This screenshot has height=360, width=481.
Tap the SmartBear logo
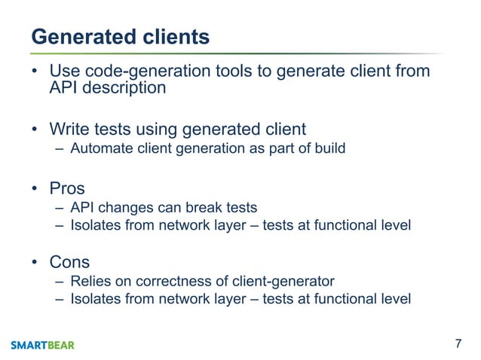(43, 345)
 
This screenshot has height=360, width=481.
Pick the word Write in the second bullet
(69, 129)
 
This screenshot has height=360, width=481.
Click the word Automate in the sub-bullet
(98, 148)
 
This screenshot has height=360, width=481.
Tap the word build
(329, 148)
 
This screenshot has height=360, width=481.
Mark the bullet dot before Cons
(35, 263)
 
